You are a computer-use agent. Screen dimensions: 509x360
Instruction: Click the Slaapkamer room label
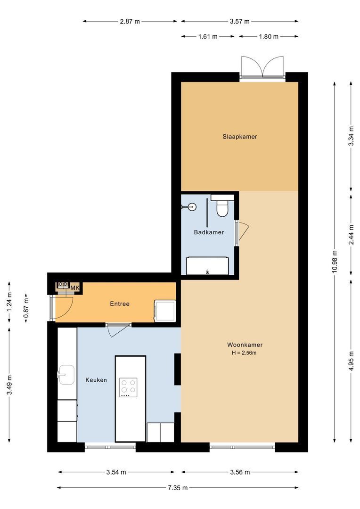240,137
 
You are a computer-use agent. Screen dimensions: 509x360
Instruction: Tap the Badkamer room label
209,232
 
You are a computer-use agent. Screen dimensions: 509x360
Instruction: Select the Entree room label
120,304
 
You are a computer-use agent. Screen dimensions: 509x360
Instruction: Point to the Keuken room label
96,380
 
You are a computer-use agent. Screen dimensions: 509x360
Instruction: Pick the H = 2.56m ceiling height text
244,353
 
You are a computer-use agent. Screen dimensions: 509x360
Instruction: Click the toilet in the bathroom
221,206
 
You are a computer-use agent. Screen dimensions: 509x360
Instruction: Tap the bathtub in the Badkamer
208,266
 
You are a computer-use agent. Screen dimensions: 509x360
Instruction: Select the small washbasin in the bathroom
190,206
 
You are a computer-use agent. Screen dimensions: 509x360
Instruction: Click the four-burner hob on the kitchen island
128,387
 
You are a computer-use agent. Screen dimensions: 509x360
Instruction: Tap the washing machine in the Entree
164,311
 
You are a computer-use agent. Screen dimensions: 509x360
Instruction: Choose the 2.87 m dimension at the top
130,21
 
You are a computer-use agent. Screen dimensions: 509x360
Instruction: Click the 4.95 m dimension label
351,361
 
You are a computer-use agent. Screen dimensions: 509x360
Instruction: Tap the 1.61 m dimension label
208,36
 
